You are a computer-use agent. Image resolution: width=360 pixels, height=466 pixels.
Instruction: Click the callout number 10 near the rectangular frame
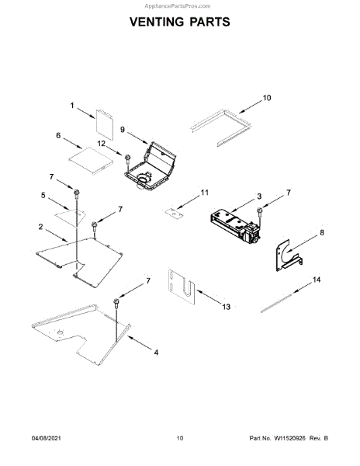[267, 98]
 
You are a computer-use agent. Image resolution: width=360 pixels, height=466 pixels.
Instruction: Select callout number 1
[72, 105]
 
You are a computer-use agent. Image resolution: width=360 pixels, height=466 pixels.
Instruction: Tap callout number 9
[123, 130]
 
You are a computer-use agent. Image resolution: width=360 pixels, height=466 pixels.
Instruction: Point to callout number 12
[101, 144]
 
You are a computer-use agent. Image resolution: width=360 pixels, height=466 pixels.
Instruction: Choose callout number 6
[58, 135]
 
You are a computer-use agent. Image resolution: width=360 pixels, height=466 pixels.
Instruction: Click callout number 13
[226, 307]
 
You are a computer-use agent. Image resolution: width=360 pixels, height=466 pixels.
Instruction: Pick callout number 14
[317, 280]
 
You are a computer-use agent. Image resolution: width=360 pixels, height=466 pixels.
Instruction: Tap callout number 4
[156, 353]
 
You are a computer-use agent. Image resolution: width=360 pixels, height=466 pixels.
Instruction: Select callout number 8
[322, 232]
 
